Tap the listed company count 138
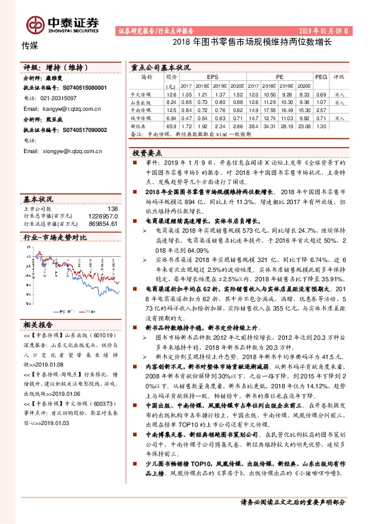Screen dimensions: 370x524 point(113,208)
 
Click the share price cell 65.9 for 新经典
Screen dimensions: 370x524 point(172,126)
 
